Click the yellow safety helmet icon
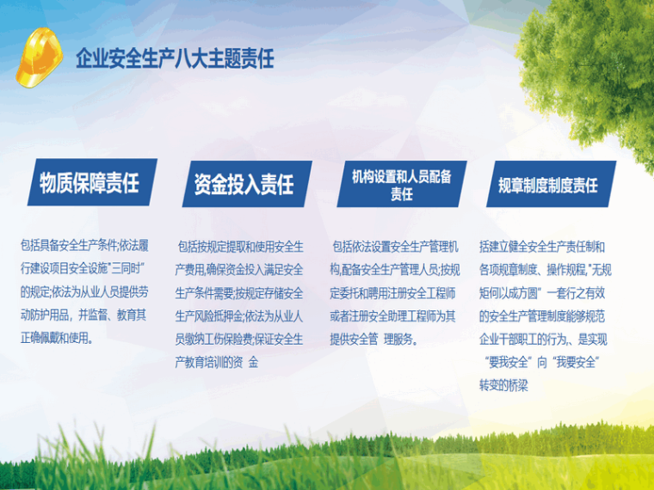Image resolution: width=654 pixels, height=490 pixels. click(40, 58)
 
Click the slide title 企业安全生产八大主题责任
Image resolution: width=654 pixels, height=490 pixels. click(175, 58)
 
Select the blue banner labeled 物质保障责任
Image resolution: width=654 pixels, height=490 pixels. click(92, 182)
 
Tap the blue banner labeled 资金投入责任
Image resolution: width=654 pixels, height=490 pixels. click(247, 184)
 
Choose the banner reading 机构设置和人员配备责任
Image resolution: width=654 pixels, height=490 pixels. click(402, 184)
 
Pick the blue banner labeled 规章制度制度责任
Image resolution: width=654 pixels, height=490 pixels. click(551, 184)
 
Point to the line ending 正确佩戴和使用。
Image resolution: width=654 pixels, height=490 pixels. click(57, 338)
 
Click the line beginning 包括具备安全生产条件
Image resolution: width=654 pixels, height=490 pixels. click(84, 245)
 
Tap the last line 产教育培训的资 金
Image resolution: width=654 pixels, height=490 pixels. click(217, 362)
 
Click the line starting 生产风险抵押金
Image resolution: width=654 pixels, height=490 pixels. click(239, 316)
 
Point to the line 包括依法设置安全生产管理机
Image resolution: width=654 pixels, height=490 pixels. click(395, 247)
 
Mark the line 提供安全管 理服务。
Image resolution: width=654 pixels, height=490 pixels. click(373, 340)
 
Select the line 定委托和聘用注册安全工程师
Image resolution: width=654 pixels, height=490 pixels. click(392, 293)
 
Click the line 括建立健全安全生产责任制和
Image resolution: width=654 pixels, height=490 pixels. click(542, 247)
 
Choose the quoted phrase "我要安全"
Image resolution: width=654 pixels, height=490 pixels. click(576, 362)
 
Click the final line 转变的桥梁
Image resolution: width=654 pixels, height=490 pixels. click(503, 385)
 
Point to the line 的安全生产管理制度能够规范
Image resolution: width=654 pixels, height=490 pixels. click(542, 316)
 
